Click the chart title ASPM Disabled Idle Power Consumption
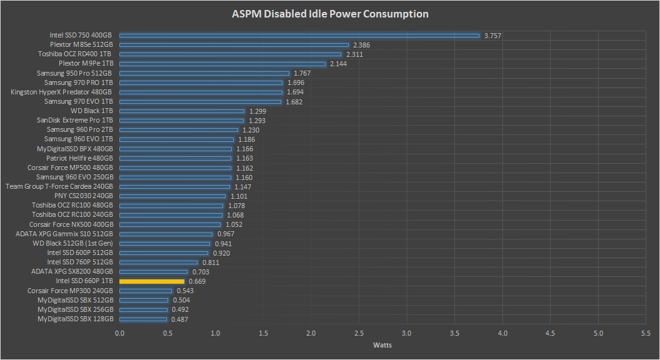[330, 14]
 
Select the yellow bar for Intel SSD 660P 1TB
[152, 281]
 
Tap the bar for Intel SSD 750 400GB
[299, 36]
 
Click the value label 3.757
[492, 36]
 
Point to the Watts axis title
[382, 345]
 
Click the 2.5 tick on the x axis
[359, 333]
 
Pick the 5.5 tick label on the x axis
[646, 333]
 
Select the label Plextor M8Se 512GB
[81, 45]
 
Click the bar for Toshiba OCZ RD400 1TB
[230, 54]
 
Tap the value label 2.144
[338, 64]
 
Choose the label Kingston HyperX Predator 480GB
[62, 92]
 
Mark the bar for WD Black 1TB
[181, 111]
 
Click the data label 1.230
[251, 130]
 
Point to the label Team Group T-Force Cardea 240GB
[59, 187]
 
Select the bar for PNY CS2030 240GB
[172, 196]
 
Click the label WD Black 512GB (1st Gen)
[73, 243]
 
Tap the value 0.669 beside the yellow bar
[197, 281]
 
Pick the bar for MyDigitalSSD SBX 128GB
[143, 319]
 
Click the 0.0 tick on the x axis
[119, 333]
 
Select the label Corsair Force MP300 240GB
[70, 291]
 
